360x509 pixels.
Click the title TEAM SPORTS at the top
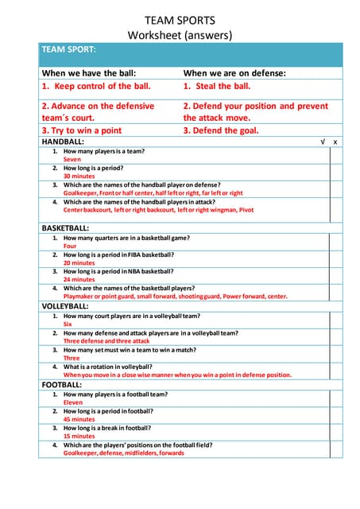(180, 19)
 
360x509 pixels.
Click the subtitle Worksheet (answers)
(180, 35)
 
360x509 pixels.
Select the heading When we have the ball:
(95, 73)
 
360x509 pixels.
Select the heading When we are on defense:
(234, 73)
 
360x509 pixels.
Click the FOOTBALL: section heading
(61, 384)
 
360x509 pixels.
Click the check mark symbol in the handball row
(323, 142)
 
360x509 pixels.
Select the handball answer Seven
(72, 159)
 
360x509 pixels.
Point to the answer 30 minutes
(79, 176)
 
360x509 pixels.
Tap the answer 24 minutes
(79, 279)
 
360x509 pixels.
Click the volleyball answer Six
(68, 324)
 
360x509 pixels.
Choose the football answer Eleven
(73, 402)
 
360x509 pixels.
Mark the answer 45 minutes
(79, 419)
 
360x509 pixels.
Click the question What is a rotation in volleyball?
(112, 367)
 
